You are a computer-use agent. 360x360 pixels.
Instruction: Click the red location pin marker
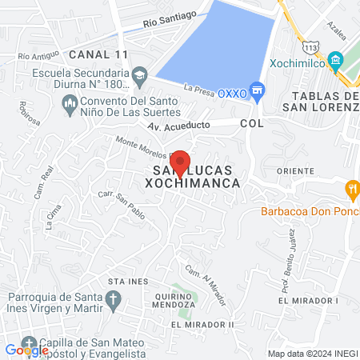coord(180,162)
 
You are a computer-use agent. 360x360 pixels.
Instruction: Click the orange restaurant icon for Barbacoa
coord(350,190)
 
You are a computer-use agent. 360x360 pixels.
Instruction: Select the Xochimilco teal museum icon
coord(335,61)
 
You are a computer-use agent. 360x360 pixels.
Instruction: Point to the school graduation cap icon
coord(140,74)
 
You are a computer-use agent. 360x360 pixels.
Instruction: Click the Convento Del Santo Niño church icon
coord(70,103)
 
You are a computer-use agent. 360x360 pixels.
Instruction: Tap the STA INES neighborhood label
coord(129,282)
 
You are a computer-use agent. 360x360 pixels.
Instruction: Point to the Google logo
coord(26,350)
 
